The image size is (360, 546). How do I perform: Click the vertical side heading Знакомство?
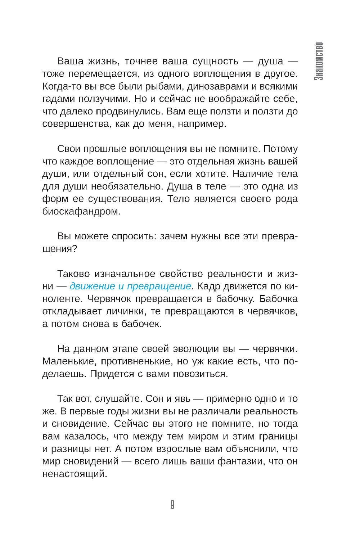319,61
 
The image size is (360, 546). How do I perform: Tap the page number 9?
172,505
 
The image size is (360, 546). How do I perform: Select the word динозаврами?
214,86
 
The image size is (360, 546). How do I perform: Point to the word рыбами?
164,86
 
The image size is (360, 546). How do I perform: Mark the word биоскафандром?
81,211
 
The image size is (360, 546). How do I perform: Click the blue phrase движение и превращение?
130,286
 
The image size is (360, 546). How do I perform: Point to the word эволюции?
196,349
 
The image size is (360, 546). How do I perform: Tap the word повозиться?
200,374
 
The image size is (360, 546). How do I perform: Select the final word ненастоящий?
75,474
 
